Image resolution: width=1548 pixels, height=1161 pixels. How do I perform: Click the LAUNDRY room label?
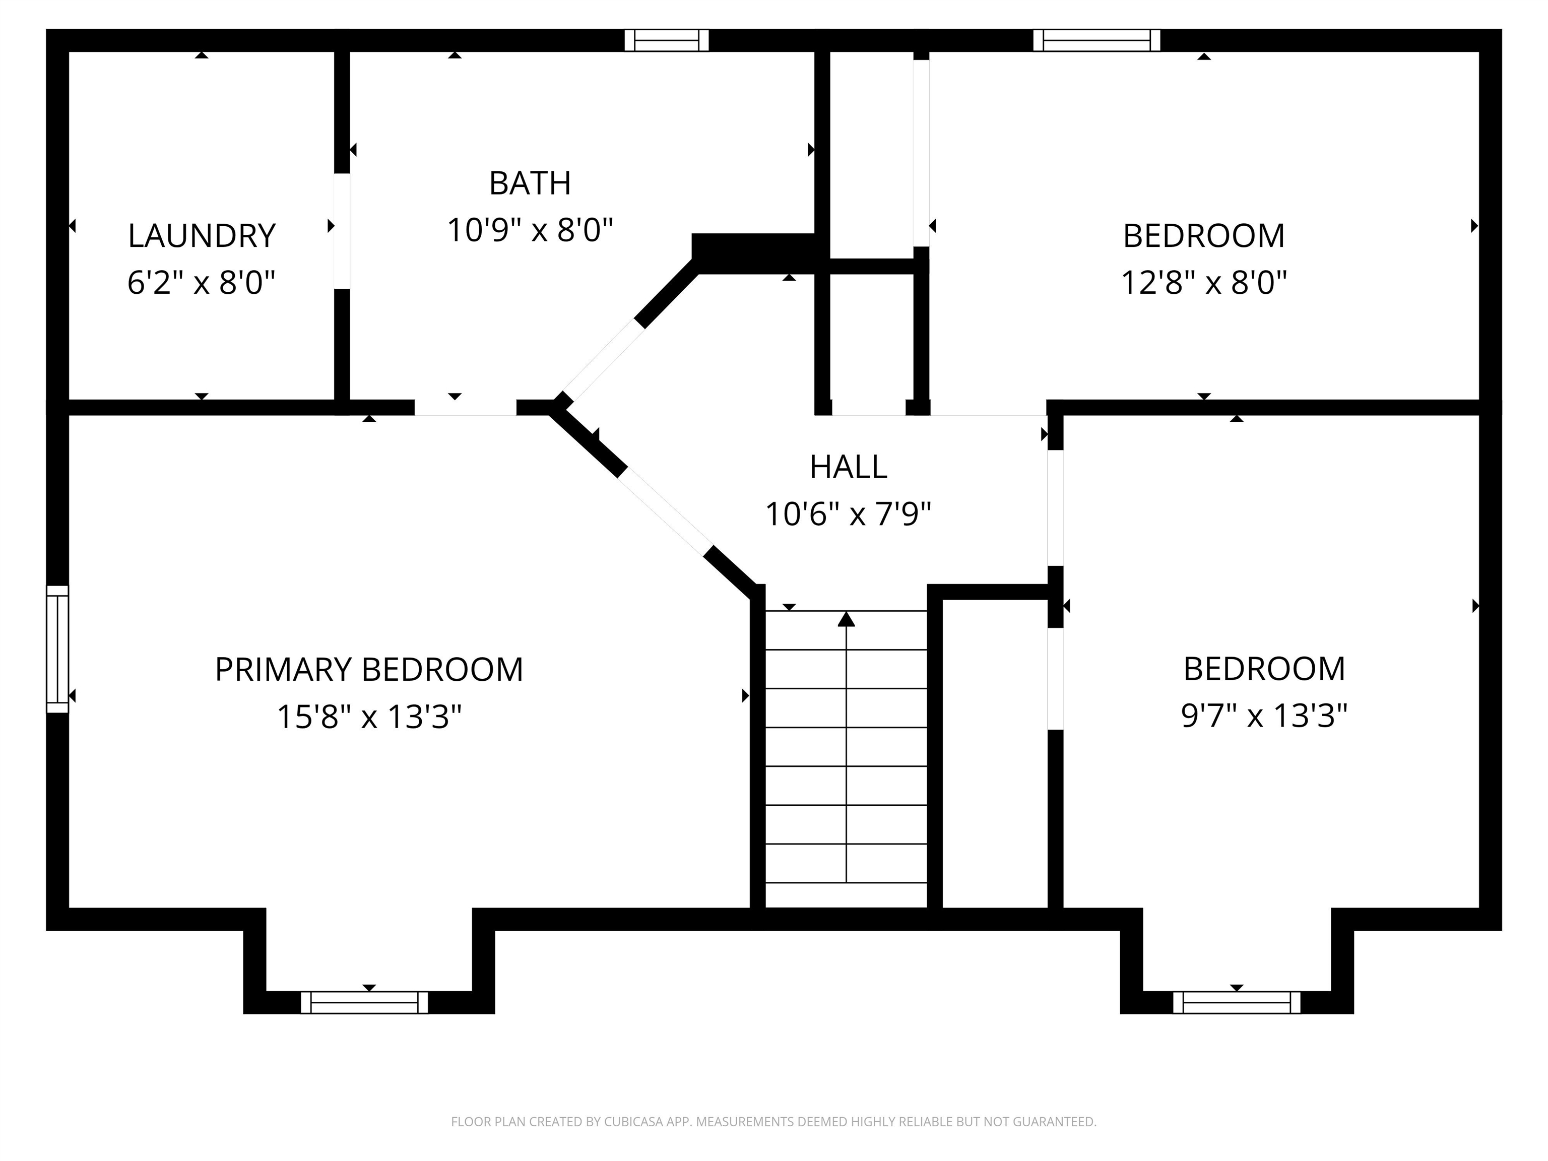click(202, 236)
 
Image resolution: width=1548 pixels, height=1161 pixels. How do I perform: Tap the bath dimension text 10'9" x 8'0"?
click(530, 230)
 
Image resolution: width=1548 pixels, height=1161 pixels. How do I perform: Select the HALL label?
click(848, 467)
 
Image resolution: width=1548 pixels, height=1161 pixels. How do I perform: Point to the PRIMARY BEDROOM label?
click(369, 670)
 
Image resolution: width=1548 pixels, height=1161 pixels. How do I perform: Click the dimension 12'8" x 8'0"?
click(1204, 283)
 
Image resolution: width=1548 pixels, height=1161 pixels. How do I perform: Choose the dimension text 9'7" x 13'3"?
click(1264, 716)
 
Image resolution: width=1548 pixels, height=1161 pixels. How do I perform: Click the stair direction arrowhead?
click(847, 619)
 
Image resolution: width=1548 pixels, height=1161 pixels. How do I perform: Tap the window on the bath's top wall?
click(666, 41)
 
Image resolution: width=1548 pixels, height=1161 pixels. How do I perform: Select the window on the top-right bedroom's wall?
click(1096, 41)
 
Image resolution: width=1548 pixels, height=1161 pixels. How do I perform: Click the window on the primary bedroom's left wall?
click(57, 649)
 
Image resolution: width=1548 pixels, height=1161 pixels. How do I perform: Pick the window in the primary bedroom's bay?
click(364, 1002)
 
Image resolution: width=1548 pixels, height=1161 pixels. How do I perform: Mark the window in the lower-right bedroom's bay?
click(1237, 1002)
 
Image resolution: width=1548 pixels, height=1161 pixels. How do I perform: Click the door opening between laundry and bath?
click(342, 231)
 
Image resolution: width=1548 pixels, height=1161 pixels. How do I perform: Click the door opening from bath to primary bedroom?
click(466, 407)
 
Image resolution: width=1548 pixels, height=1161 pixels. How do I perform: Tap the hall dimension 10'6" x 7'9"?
click(848, 514)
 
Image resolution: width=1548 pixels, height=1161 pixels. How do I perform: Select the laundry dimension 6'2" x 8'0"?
click(202, 283)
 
